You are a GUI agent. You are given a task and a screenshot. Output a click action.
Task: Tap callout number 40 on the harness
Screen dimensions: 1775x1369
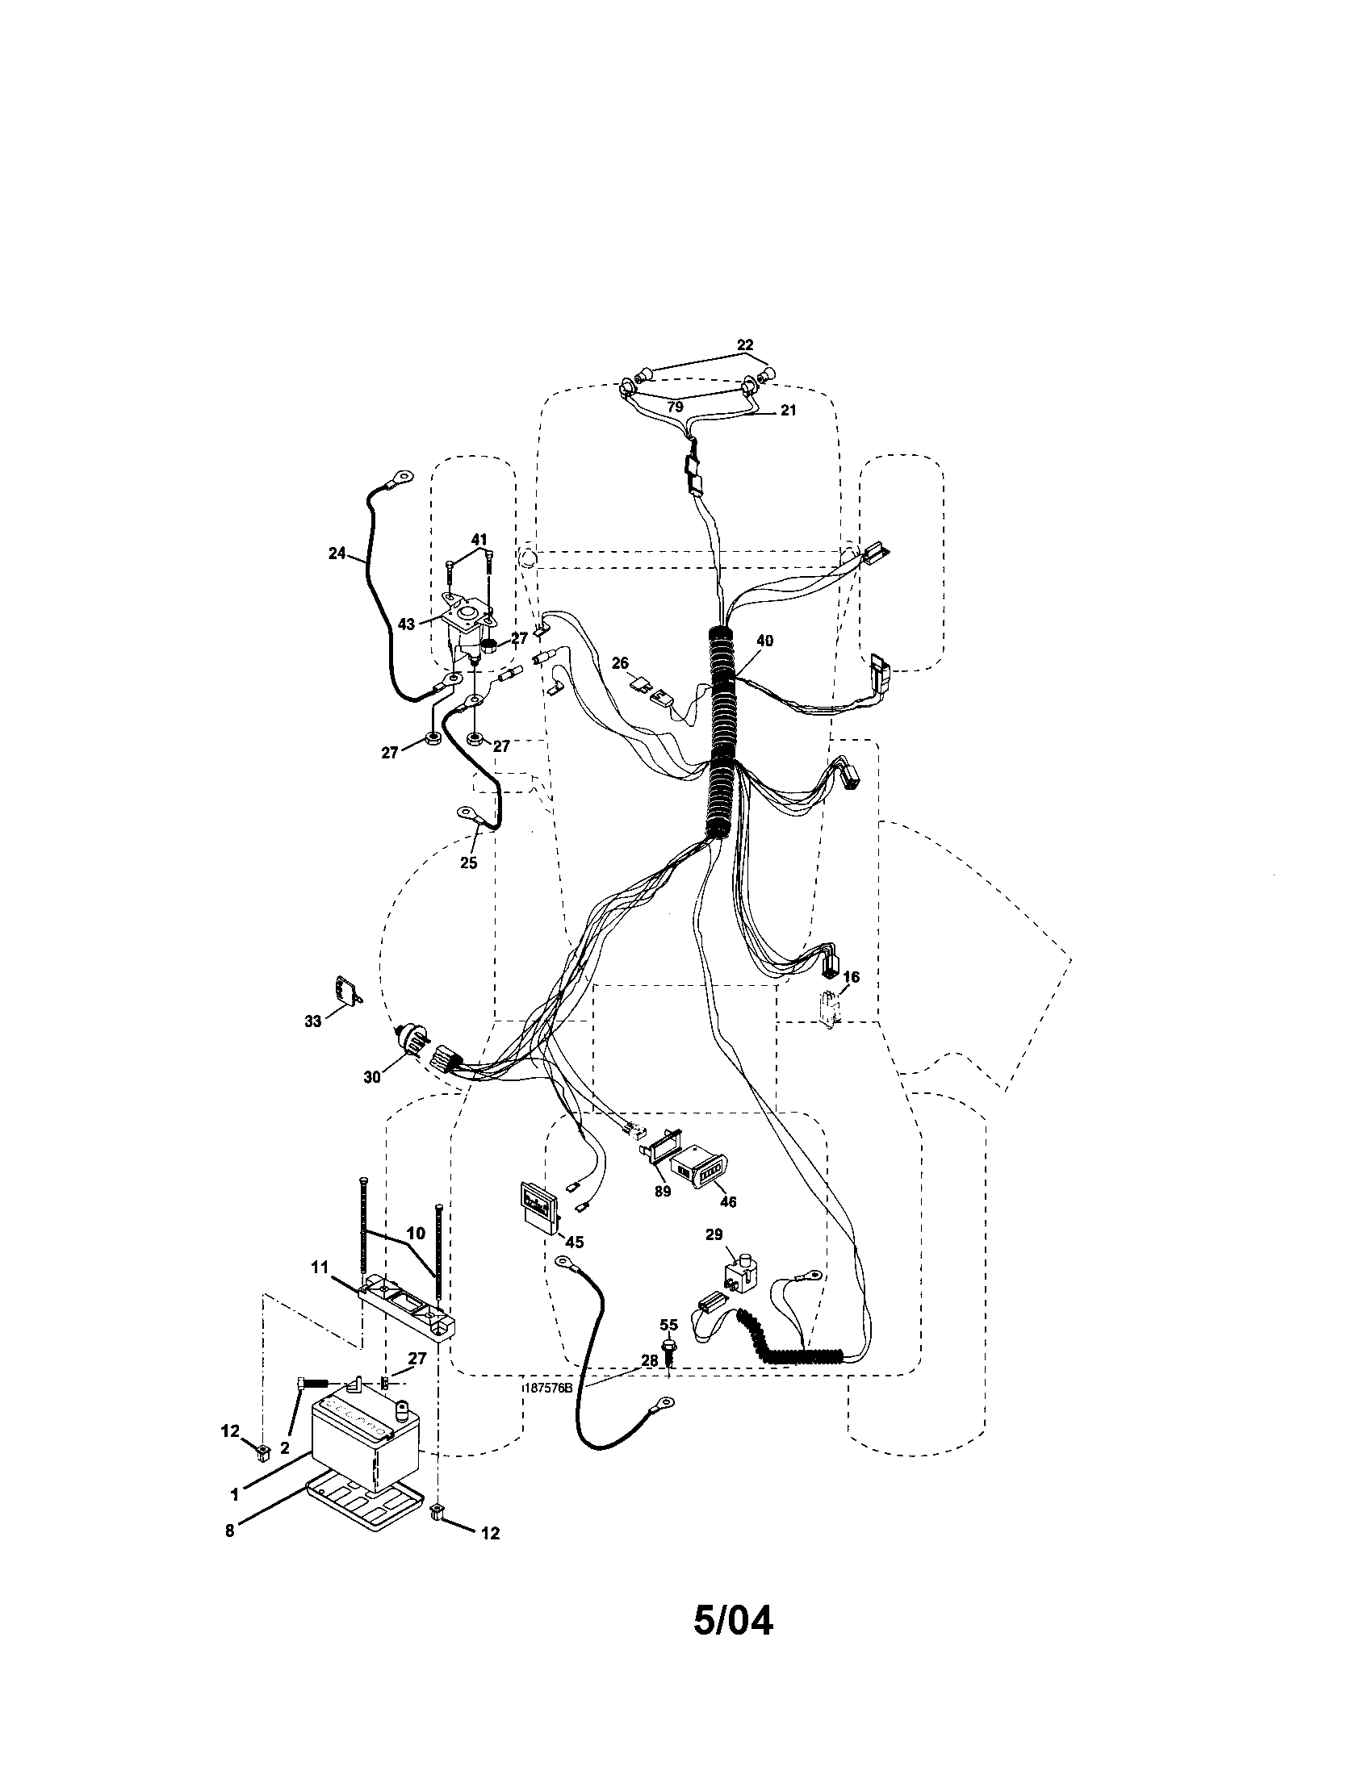click(x=764, y=641)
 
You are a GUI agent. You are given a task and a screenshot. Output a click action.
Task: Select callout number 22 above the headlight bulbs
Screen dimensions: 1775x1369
click(x=745, y=345)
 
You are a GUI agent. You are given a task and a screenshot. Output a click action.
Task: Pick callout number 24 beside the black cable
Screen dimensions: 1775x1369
click(x=337, y=553)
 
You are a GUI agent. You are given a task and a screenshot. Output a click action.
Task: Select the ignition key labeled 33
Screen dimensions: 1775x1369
click(x=347, y=991)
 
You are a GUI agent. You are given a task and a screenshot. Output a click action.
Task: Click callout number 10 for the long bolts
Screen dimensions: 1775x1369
click(x=416, y=1255)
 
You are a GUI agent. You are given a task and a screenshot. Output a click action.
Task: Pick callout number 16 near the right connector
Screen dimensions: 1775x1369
click(x=851, y=977)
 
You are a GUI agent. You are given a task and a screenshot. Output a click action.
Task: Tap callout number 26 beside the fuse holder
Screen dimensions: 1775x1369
click(x=620, y=663)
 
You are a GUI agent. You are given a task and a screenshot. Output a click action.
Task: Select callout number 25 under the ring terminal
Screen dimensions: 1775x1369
click(x=468, y=863)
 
